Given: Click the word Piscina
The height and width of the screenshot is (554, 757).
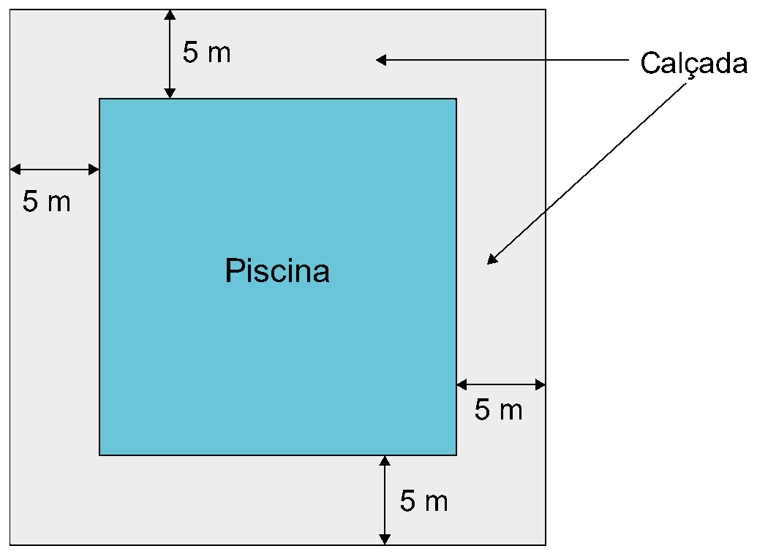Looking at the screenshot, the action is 277,270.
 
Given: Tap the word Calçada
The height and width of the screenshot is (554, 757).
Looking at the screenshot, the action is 694,64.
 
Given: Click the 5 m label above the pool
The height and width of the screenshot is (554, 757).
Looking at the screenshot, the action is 207,52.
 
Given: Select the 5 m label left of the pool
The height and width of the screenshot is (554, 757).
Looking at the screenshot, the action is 46,201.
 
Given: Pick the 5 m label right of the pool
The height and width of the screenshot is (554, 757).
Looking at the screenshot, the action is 498,410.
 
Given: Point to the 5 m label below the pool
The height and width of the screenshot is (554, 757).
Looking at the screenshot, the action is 424,501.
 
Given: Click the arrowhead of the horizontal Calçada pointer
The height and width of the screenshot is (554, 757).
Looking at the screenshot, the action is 381,60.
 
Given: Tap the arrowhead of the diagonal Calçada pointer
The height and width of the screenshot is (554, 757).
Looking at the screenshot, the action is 492,259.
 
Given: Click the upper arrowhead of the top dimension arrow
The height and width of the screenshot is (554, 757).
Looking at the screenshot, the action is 170,15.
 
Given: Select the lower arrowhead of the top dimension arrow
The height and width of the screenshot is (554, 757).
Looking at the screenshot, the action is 170,93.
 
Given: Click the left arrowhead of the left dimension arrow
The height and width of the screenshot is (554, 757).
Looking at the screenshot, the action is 15,170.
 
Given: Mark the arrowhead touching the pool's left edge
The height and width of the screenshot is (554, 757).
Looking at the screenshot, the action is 94,170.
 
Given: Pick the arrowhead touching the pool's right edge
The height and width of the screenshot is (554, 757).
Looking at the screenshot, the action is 462,384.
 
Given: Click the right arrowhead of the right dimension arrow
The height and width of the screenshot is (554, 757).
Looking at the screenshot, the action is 541,384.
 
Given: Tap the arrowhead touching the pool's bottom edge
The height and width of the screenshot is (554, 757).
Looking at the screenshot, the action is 384,461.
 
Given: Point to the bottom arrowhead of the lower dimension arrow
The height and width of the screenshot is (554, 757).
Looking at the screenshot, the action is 384,539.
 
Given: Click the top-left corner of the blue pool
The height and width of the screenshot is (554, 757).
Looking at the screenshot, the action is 99,99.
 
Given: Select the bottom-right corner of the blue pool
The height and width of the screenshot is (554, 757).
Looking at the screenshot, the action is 456,455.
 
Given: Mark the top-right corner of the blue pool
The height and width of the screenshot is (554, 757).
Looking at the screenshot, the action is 456,99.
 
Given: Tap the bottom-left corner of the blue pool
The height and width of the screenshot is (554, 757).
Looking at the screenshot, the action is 99,455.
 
